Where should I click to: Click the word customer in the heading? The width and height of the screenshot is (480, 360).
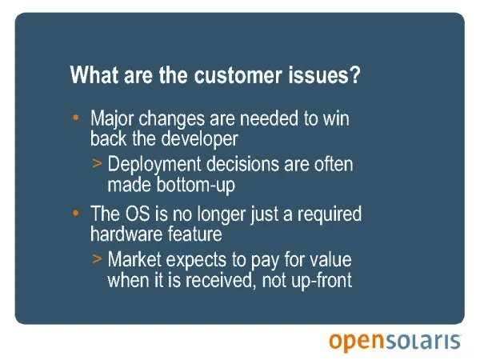[238, 75]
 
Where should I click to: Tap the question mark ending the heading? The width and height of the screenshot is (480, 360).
[355, 74]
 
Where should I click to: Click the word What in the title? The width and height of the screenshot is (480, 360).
[94, 74]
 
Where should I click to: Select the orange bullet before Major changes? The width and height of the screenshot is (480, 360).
[76, 118]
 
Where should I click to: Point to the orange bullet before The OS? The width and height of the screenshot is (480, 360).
[76, 213]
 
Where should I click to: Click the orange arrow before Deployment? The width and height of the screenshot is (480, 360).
[97, 163]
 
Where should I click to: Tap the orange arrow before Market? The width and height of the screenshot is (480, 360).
[97, 258]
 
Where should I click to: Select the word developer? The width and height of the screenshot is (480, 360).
[199, 139]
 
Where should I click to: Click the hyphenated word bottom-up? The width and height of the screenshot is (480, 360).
[196, 186]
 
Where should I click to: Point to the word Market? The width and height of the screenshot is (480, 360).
[134, 259]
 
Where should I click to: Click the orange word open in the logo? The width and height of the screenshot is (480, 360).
[356, 342]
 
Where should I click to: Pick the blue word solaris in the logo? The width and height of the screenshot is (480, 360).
[422, 341]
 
